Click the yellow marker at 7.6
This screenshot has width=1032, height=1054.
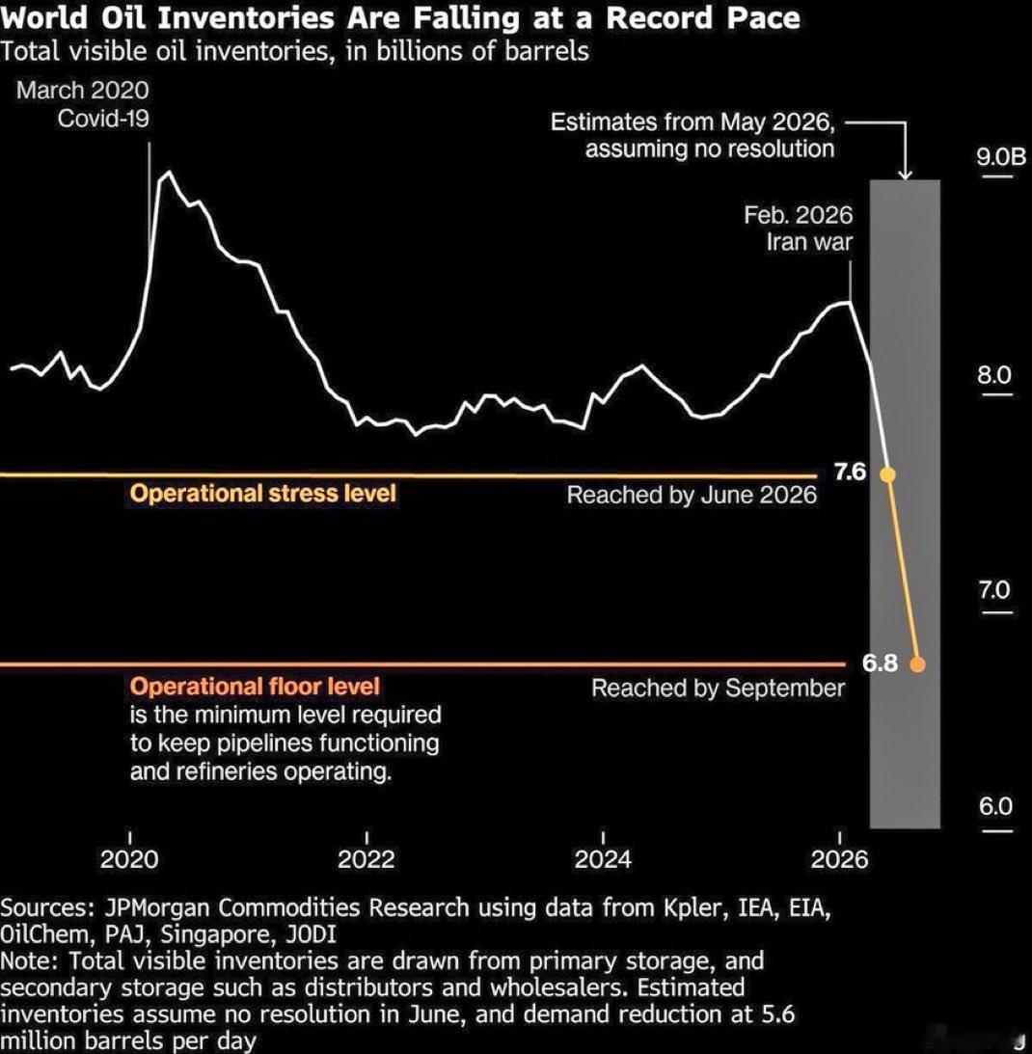point(887,474)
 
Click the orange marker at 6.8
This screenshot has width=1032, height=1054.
point(917,664)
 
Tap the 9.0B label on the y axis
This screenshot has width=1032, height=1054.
point(1001,156)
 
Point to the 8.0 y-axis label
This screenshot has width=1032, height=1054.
point(994,374)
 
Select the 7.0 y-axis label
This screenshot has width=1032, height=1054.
point(994,590)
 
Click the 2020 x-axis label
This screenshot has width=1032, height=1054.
point(129,858)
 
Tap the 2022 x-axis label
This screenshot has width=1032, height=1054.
point(366,858)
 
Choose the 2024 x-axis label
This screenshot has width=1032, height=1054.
point(603,858)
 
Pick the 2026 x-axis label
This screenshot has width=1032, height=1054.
point(840,858)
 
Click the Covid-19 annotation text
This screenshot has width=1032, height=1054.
point(103,119)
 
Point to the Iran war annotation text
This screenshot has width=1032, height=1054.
point(809,242)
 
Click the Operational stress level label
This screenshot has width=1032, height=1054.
point(263,494)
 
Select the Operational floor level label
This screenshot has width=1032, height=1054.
point(255,687)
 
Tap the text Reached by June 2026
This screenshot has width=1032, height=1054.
point(692,495)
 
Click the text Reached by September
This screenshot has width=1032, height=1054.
point(718,688)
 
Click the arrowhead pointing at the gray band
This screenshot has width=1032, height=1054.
point(906,175)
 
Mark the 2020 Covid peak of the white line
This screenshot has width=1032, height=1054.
point(168,172)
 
